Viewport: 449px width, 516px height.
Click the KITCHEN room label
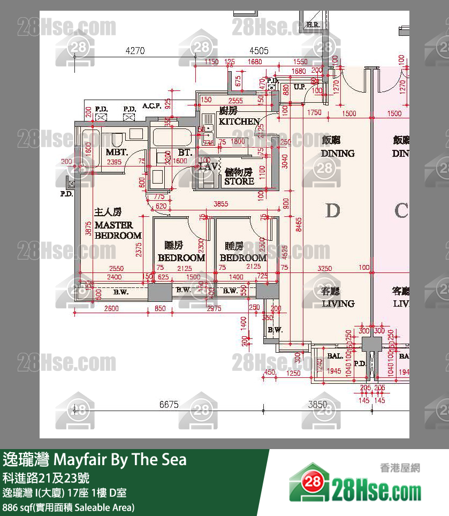tap(239, 122)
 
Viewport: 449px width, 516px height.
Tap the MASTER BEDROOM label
tap(118, 230)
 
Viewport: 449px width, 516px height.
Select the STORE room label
tap(239, 181)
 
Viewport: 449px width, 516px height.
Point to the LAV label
tap(208, 166)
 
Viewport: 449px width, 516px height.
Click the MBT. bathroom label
tap(116, 152)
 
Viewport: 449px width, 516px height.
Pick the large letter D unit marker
tap(333, 210)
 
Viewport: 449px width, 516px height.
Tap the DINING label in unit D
tap(338, 153)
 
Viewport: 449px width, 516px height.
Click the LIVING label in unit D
tap(338, 303)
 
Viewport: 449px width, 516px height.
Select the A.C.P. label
tap(152, 106)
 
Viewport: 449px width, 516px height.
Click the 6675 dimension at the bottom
tap(169, 405)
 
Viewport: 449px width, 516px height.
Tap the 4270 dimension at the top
tap(135, 51)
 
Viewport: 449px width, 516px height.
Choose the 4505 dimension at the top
tap(259, 51)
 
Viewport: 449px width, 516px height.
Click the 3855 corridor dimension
tap(222, 203)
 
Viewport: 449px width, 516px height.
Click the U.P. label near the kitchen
tap(299, 87)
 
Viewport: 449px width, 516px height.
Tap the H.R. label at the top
tap(313, 25)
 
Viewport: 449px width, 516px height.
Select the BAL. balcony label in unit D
tap(335, 355)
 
